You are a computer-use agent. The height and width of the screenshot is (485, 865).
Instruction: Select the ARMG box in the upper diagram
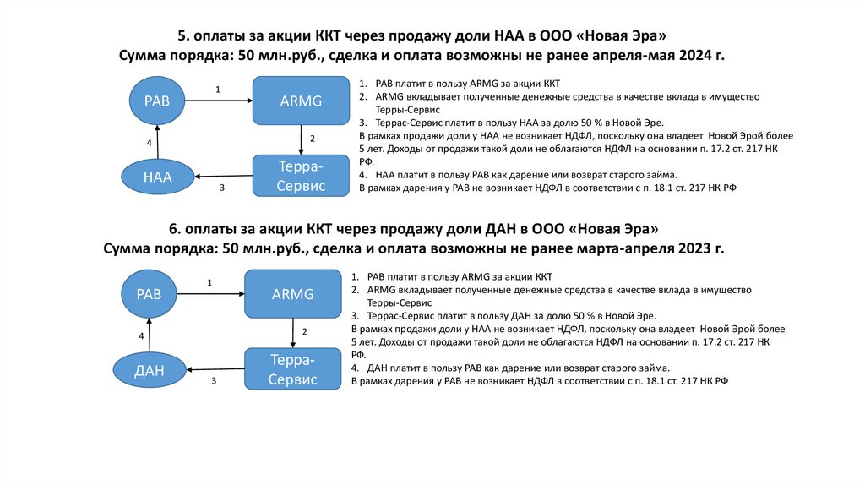coord(302,101)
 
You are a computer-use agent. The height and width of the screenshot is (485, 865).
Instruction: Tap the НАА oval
coord(157,177)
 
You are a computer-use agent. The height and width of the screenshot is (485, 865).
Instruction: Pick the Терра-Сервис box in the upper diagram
coord(302,176)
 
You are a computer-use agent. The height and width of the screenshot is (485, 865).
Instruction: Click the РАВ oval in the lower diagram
coord(149,295)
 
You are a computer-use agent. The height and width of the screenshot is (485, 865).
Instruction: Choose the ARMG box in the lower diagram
coord(293,294)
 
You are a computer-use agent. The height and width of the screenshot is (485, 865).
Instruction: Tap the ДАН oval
coord(149,369)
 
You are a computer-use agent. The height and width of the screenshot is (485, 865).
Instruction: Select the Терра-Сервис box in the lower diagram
coord(293,369)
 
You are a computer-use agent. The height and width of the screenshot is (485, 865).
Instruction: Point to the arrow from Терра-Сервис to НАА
coord(224,177)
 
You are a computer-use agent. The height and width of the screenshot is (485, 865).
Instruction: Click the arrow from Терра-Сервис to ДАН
coord(215,369)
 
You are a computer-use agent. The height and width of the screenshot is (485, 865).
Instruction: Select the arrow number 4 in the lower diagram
coord(141,335)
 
